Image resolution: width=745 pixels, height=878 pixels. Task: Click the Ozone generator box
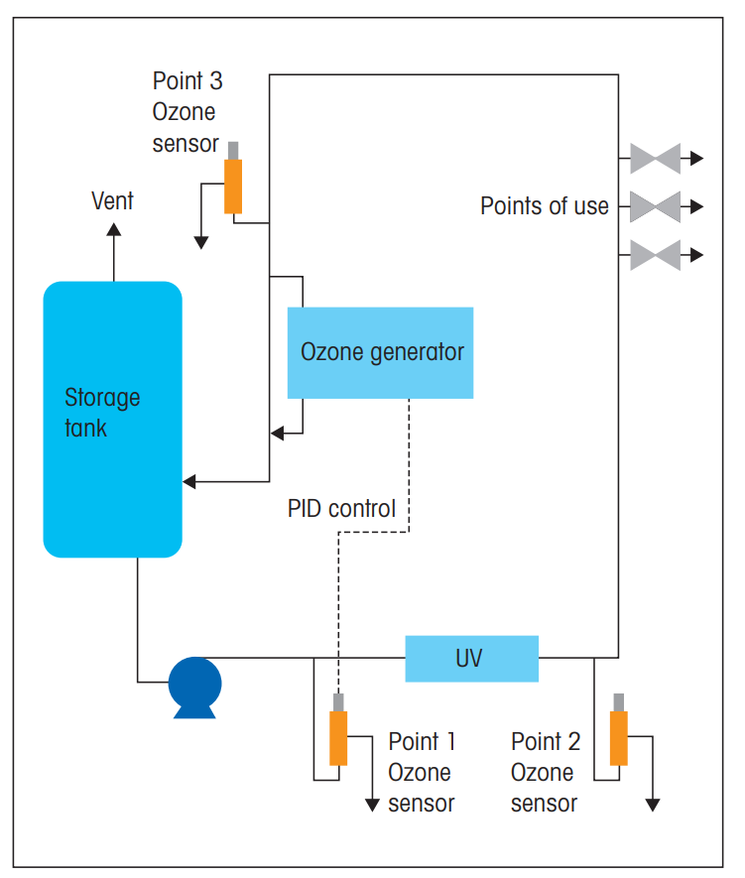(x=380, y=352)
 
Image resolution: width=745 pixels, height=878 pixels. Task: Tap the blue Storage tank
(x=112, y=419)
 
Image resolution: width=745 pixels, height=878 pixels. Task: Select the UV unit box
(x=471, y=659)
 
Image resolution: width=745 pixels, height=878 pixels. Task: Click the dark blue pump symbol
(x=194, y=685)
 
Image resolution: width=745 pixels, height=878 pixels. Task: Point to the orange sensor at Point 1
(x=339, y=737)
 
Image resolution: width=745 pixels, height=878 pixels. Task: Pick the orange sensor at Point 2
(x=619, y=737)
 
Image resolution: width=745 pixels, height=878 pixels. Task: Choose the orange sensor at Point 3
(x=233, y=185)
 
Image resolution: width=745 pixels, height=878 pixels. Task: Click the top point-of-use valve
(x=655, y=158)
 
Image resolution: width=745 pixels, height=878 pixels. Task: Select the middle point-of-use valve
(x=655, y=206)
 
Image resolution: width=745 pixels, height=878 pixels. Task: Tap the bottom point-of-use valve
(x=655, y=255)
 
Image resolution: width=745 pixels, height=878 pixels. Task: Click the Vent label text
(x=112, y=201)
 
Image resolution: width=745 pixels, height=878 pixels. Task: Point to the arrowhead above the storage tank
(x=113, y=231)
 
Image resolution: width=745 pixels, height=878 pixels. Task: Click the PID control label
(x=341, y=509)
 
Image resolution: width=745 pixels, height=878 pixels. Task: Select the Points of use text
(x=545, y=206)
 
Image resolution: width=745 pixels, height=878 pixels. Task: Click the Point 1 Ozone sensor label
(x=422, y=772)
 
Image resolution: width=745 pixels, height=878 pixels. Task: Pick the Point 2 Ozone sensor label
(x=546, y=772)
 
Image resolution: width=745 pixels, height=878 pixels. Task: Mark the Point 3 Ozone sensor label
(x=186, y=112)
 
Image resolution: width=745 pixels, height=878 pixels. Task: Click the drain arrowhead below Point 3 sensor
(x=201, y=241)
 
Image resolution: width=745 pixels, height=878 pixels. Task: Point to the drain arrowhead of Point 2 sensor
(x=653, y=805)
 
